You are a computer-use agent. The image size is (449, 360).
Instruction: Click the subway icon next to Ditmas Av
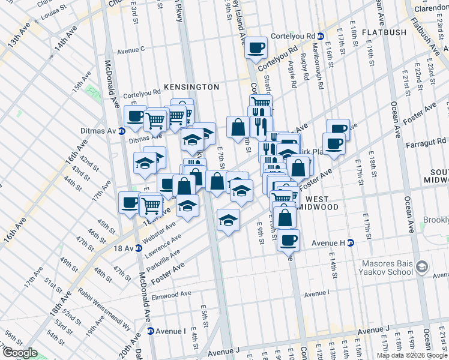[x=122, y=131]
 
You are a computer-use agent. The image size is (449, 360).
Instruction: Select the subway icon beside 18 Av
[x=139, y=248]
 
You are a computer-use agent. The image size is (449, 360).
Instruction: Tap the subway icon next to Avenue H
[x=351, y=242]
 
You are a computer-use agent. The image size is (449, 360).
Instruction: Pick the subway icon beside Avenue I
[x=151, y=331]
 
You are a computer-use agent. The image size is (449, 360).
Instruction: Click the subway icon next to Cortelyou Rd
[x=321, y=37]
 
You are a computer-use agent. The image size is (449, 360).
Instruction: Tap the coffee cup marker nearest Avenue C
[x=256, y=47]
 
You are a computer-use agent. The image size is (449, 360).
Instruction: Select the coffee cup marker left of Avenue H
[x=289, y=240]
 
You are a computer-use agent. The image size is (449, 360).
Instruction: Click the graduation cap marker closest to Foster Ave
[x=228, y=220]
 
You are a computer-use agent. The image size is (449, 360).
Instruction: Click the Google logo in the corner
[x=20, y=353]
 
